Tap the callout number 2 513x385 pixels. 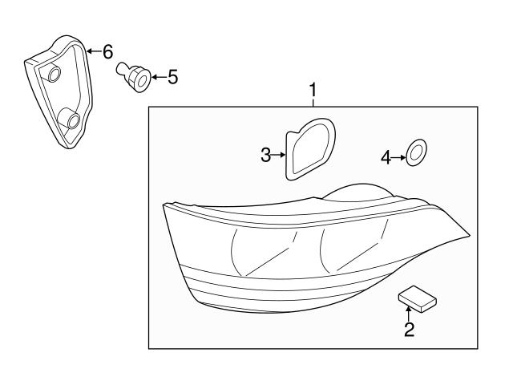pyautogui.click(x=409, y=330)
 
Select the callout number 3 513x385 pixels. pyautogui.click(x=266, y=156)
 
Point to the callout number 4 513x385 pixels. pyautogui.click(x=386, y=158)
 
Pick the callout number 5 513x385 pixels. pyautogui.click(x=172, y=78)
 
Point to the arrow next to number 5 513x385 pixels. pyautogui.click(x=156, y=78)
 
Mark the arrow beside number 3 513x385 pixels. pyautogui.click(x=280, y=156)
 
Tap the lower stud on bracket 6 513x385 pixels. pyautogui.click(x=73, y=121)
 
